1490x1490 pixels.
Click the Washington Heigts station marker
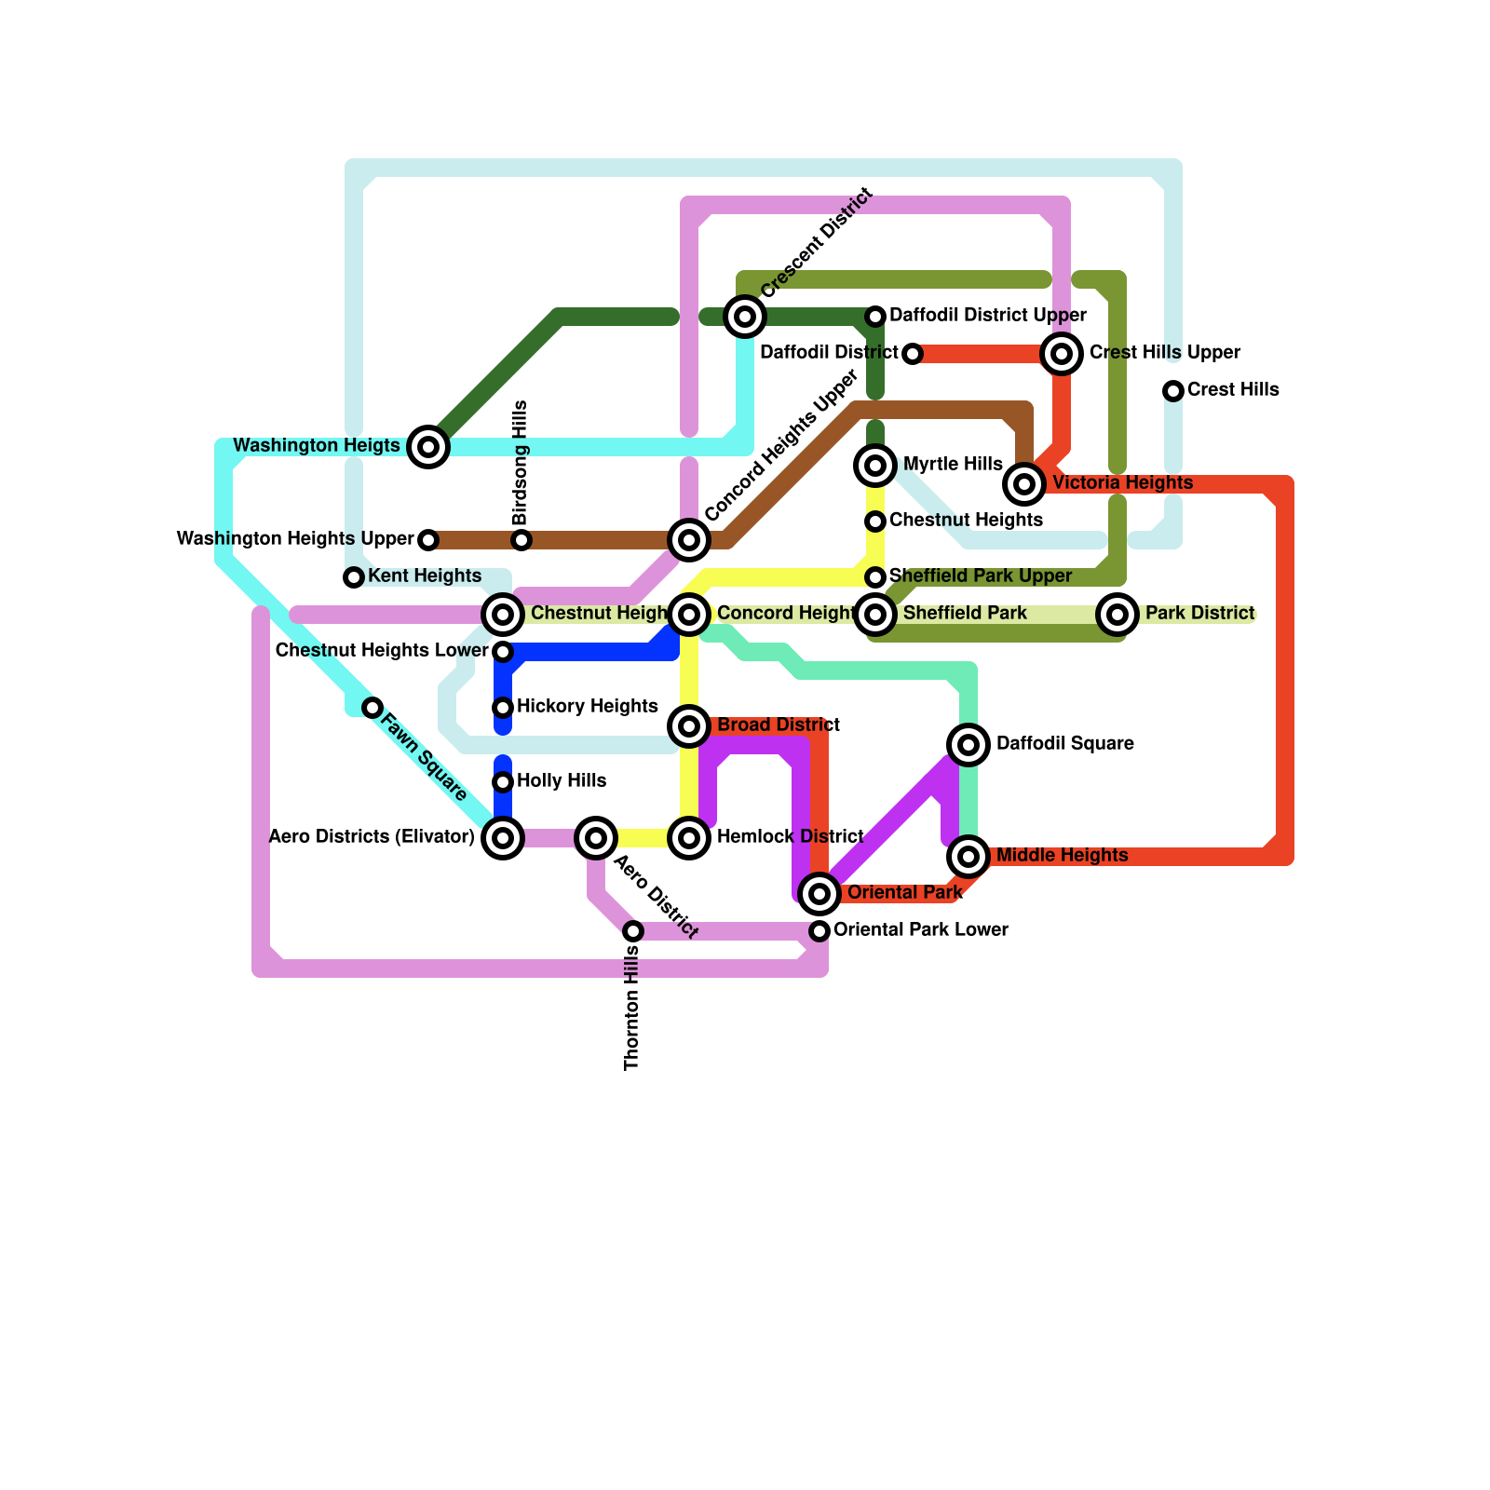pyautogui.click(x=428, y=447)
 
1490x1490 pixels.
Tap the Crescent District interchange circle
pyautogui.click(x=745, y=317)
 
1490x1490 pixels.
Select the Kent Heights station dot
pyautogui.click(x=354, y=577)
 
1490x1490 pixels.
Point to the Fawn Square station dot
pyautogui.click(x=372, y=708)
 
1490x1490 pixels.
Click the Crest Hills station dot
pyautogui.click(x=1173, y=391)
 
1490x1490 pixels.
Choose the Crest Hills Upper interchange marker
pyautogui.click(x=1062, y=354)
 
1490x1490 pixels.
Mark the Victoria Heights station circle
pyautogui.click(x=1024, y=483)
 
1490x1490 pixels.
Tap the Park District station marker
pyautogui.click(x=1117, y=614)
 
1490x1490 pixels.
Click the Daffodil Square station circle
pyautogui.click(x=968, y=744)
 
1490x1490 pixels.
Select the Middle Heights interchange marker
pyautogui.click(x=968, y=856)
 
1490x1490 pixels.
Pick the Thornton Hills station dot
pyautogui.click(x=633, y=931)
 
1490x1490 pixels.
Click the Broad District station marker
pyautogui.click(x=689, y=725)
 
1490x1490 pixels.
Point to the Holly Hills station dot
pyautogui.click(x=503, y=782)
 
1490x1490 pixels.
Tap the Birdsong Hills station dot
pyautogui.click(x=521, y=540)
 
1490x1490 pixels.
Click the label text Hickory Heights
pyautogui.click(x=587, y=707)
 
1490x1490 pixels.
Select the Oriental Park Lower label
pyautogui.click(x=920, y=930)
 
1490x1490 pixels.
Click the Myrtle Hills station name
pyautogui.click(x=952, y=465)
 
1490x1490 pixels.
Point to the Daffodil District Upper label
pyautogui.click(x=987, y=316)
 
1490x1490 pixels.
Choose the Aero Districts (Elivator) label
pyautogui.click(x=372, y=837)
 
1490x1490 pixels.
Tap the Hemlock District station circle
pyautogui.click(x=689, y=838)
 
